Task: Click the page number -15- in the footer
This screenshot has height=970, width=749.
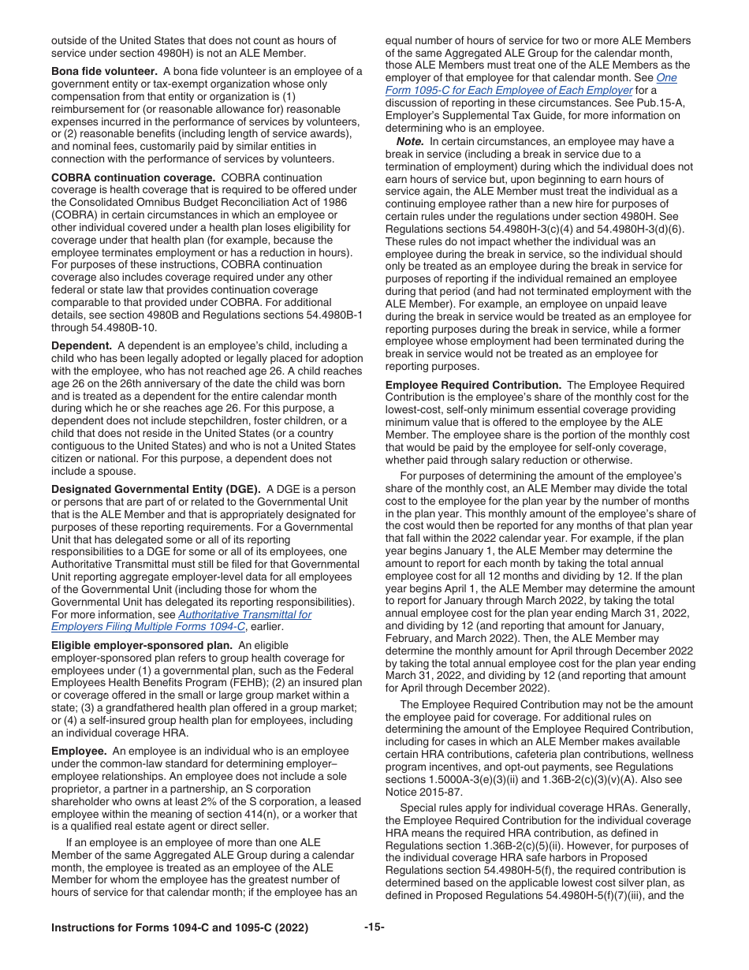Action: pyautogui.click(x=374, y=927)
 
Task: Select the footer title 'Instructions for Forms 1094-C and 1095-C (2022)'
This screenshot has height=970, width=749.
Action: pyautogui.click(x=179, y=927)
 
